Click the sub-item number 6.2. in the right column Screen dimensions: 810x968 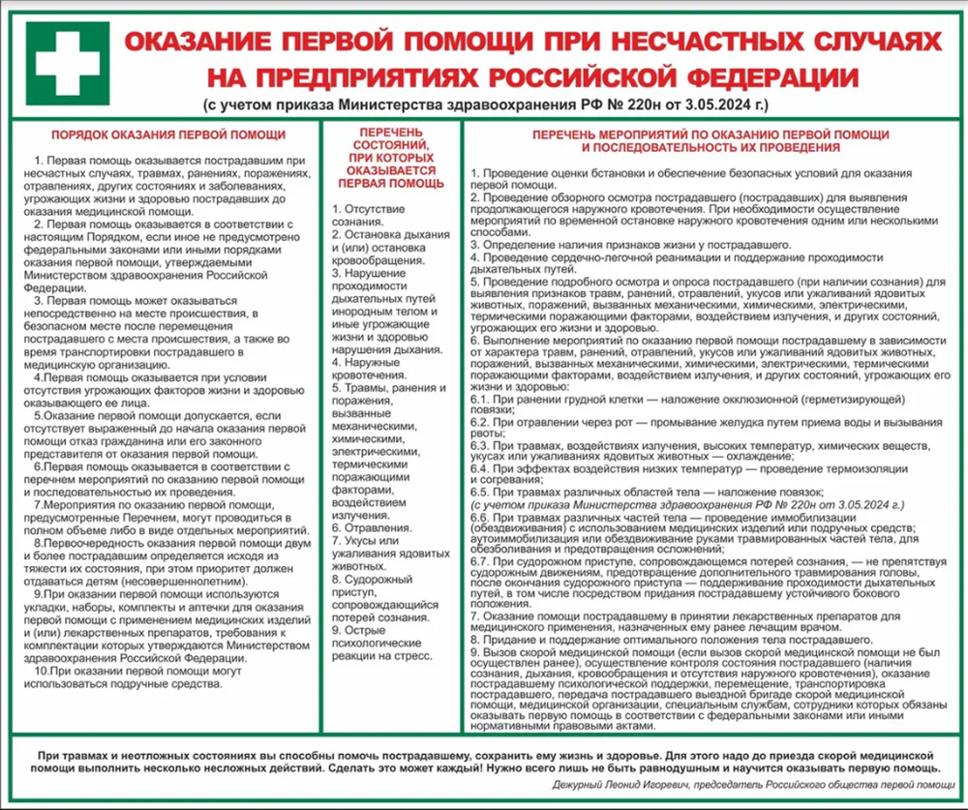tap(482, 423)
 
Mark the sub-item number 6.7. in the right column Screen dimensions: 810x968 tap(482, 561)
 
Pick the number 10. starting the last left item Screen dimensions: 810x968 tap(41, 672)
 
